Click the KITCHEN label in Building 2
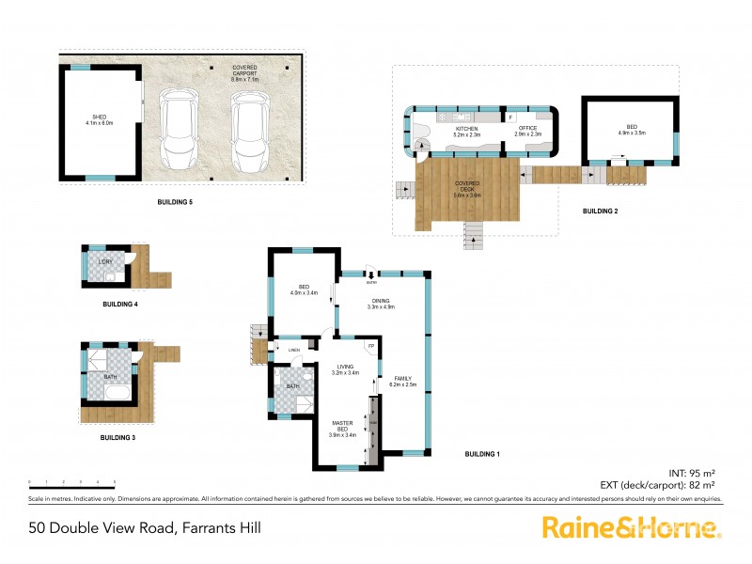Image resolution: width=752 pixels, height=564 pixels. click(x=466, y=132)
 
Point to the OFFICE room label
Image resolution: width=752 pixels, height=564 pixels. click(x=527, y=132)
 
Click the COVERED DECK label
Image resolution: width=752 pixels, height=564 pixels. click(x=467, y=189)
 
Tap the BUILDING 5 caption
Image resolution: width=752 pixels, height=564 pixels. click(x=177, y=202)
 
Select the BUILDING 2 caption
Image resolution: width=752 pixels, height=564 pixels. click(x=600, y=211)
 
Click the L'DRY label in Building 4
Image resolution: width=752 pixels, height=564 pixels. click(x=105, y=260)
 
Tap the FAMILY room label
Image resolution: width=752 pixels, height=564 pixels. click(x=402, y=380)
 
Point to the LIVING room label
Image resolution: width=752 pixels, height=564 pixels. click(x=346, y=369)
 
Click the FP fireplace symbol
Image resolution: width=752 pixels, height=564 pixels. click(x=371, y=347)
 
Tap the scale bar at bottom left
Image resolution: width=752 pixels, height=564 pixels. click(x=71, y=482)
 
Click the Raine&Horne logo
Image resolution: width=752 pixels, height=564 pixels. click(x=632, y=527)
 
